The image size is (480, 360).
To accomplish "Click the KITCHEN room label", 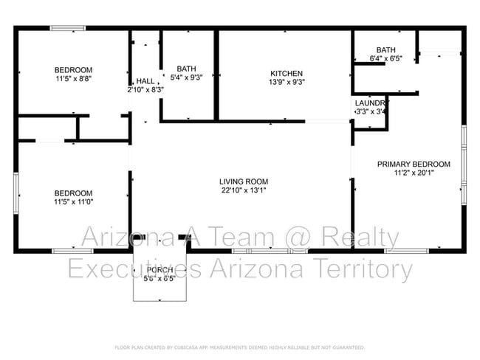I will [286, 73].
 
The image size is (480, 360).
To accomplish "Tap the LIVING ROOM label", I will [243, 181].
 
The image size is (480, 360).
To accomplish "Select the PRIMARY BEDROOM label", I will [414, 165].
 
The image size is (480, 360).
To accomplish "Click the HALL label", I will [145, 81].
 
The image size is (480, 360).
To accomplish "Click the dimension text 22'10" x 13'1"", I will [243, 190].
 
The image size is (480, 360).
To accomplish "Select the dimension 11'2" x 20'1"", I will [414, 173].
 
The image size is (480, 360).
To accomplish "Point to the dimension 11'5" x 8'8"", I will [73, 78].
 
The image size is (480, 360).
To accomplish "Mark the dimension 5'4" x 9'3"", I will [186, 77].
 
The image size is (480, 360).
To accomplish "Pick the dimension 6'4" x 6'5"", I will [385, 58].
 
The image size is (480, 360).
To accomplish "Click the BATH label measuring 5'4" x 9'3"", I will [186, 68].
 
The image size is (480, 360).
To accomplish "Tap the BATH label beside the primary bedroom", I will [385, 49].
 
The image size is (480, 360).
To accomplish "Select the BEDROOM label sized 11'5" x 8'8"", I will [73, 69].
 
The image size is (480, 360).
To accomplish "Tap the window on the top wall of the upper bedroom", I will [67, 29].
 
